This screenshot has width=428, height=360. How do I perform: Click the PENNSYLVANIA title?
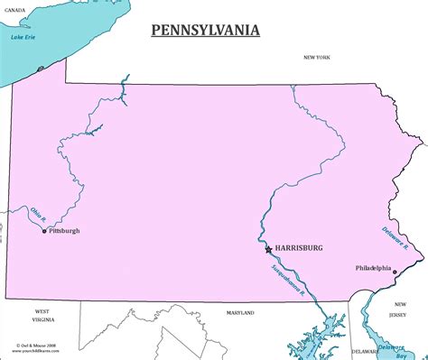tap(205, 31)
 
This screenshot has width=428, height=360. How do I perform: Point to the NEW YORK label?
tap(317, 58)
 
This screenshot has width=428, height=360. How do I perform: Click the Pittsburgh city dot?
tap(43, 232)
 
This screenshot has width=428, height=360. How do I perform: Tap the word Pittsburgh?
tap(64, 231)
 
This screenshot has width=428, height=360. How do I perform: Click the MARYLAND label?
tap(240, 313)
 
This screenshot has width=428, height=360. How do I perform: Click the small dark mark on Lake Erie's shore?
tap(40, 69)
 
